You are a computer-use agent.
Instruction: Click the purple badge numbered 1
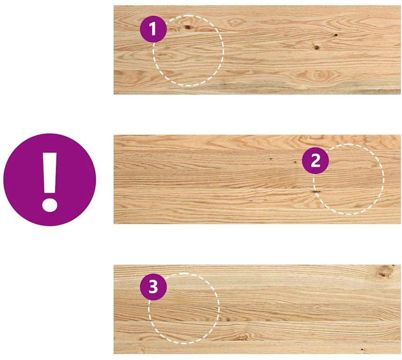(x=153, y=29)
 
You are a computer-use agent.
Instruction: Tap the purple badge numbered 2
(x=315, y=161)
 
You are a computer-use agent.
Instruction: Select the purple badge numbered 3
(x=153, y=287)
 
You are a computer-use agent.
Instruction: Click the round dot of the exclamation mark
(x=50, y=205)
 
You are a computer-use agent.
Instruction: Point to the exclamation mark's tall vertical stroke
(x=50, y=173)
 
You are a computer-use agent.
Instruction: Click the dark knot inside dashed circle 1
(x=188, y=27)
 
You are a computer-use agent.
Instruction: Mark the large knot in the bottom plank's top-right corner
(x=383, y=272)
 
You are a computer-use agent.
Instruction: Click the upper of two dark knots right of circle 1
(x=336, y=35)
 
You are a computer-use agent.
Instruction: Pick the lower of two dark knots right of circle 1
(x=317, y=48)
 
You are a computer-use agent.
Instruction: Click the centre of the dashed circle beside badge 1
(x=188, y=51)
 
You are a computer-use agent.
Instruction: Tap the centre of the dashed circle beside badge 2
(x=349, y=179)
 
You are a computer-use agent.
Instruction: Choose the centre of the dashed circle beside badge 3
(x=184, y=308)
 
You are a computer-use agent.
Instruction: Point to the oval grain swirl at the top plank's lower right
(x=318, y=75)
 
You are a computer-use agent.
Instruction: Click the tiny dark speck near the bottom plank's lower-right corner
(x=362, y=349)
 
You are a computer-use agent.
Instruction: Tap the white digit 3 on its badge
(x=153, y=287)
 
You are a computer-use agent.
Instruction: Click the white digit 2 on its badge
(x=315, y=161)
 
